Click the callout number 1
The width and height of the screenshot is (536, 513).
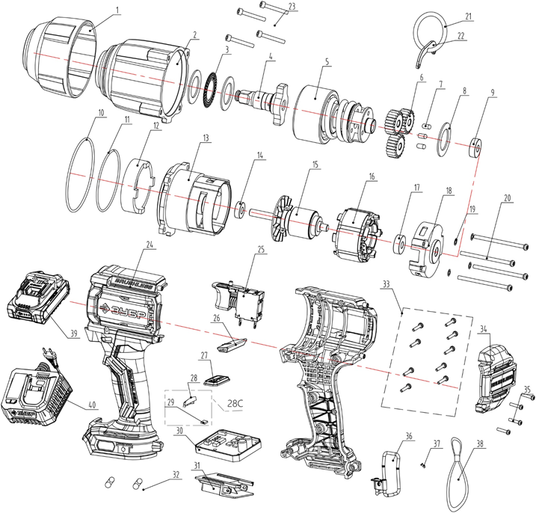click(x=117, y=10)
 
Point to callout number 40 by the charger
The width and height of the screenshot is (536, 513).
click(x=92, y=405)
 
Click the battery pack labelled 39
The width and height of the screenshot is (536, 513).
click(x=37, y=299)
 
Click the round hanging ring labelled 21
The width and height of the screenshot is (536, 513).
click(x=431, y=37)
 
